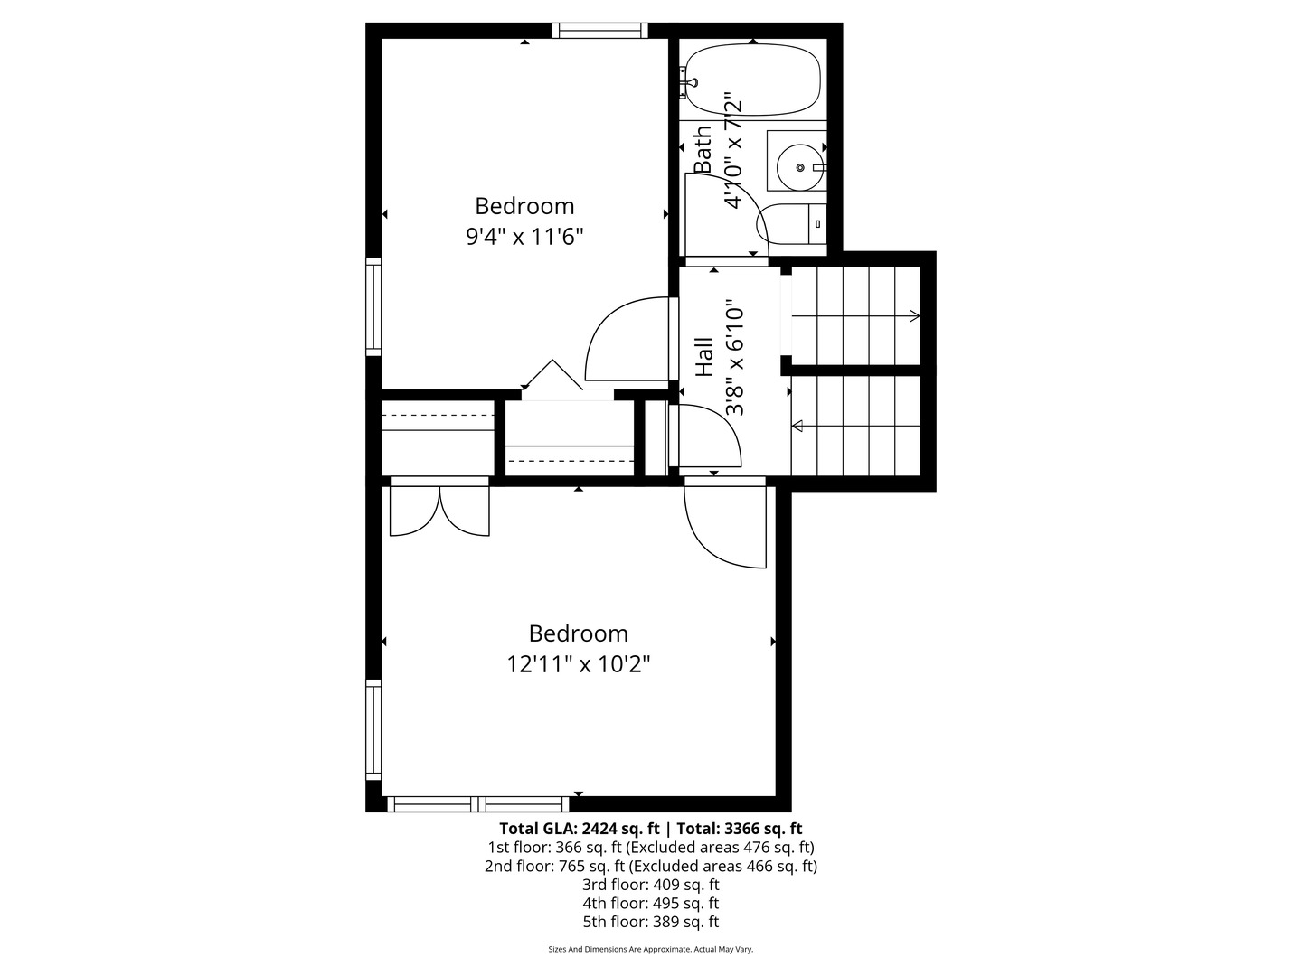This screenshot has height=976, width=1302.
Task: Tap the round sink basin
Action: [799, 168]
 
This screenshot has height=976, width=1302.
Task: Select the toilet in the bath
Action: [791, 224]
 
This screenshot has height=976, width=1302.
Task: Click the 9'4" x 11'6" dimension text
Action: [524, 237]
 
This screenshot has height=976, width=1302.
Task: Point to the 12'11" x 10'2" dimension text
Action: [579, 664]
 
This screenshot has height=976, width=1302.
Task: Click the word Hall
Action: [704, 357]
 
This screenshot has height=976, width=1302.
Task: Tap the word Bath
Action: [703, 149]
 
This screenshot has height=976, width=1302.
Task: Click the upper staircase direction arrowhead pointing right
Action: [915, 316]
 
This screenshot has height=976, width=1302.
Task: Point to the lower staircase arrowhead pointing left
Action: [797, 426]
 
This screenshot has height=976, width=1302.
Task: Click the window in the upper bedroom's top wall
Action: [599, 30]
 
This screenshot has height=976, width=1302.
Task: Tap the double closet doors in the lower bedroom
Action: [439, 511]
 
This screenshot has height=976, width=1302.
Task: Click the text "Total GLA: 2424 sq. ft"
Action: [579, 829]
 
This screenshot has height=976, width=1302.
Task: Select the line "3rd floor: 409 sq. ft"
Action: [651, 885]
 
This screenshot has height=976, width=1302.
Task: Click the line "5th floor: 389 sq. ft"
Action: [651, 922]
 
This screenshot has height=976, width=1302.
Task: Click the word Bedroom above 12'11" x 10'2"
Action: [579, 633]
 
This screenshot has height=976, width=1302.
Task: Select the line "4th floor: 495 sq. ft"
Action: [651, 903]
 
